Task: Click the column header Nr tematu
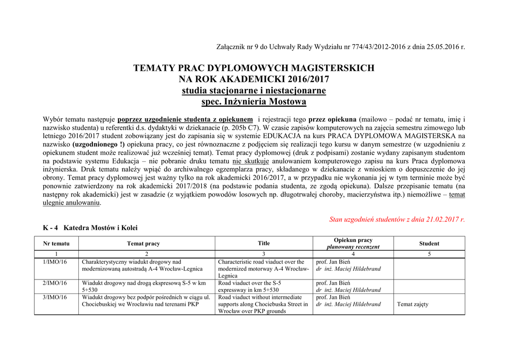tap(57, 244)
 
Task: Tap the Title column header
tap(264, 243)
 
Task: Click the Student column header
tap(429, 244)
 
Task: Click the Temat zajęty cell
tap(413, 304)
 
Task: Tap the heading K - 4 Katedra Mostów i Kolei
tap(90, 228)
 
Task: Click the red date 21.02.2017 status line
tap(397, 219)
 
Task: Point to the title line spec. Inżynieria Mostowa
tap(254, 102)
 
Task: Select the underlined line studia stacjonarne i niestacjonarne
tap(254, 91)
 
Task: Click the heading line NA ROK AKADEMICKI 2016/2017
tap(254, 79)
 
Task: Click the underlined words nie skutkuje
tap(251, 161)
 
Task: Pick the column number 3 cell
tap(264, 254)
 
